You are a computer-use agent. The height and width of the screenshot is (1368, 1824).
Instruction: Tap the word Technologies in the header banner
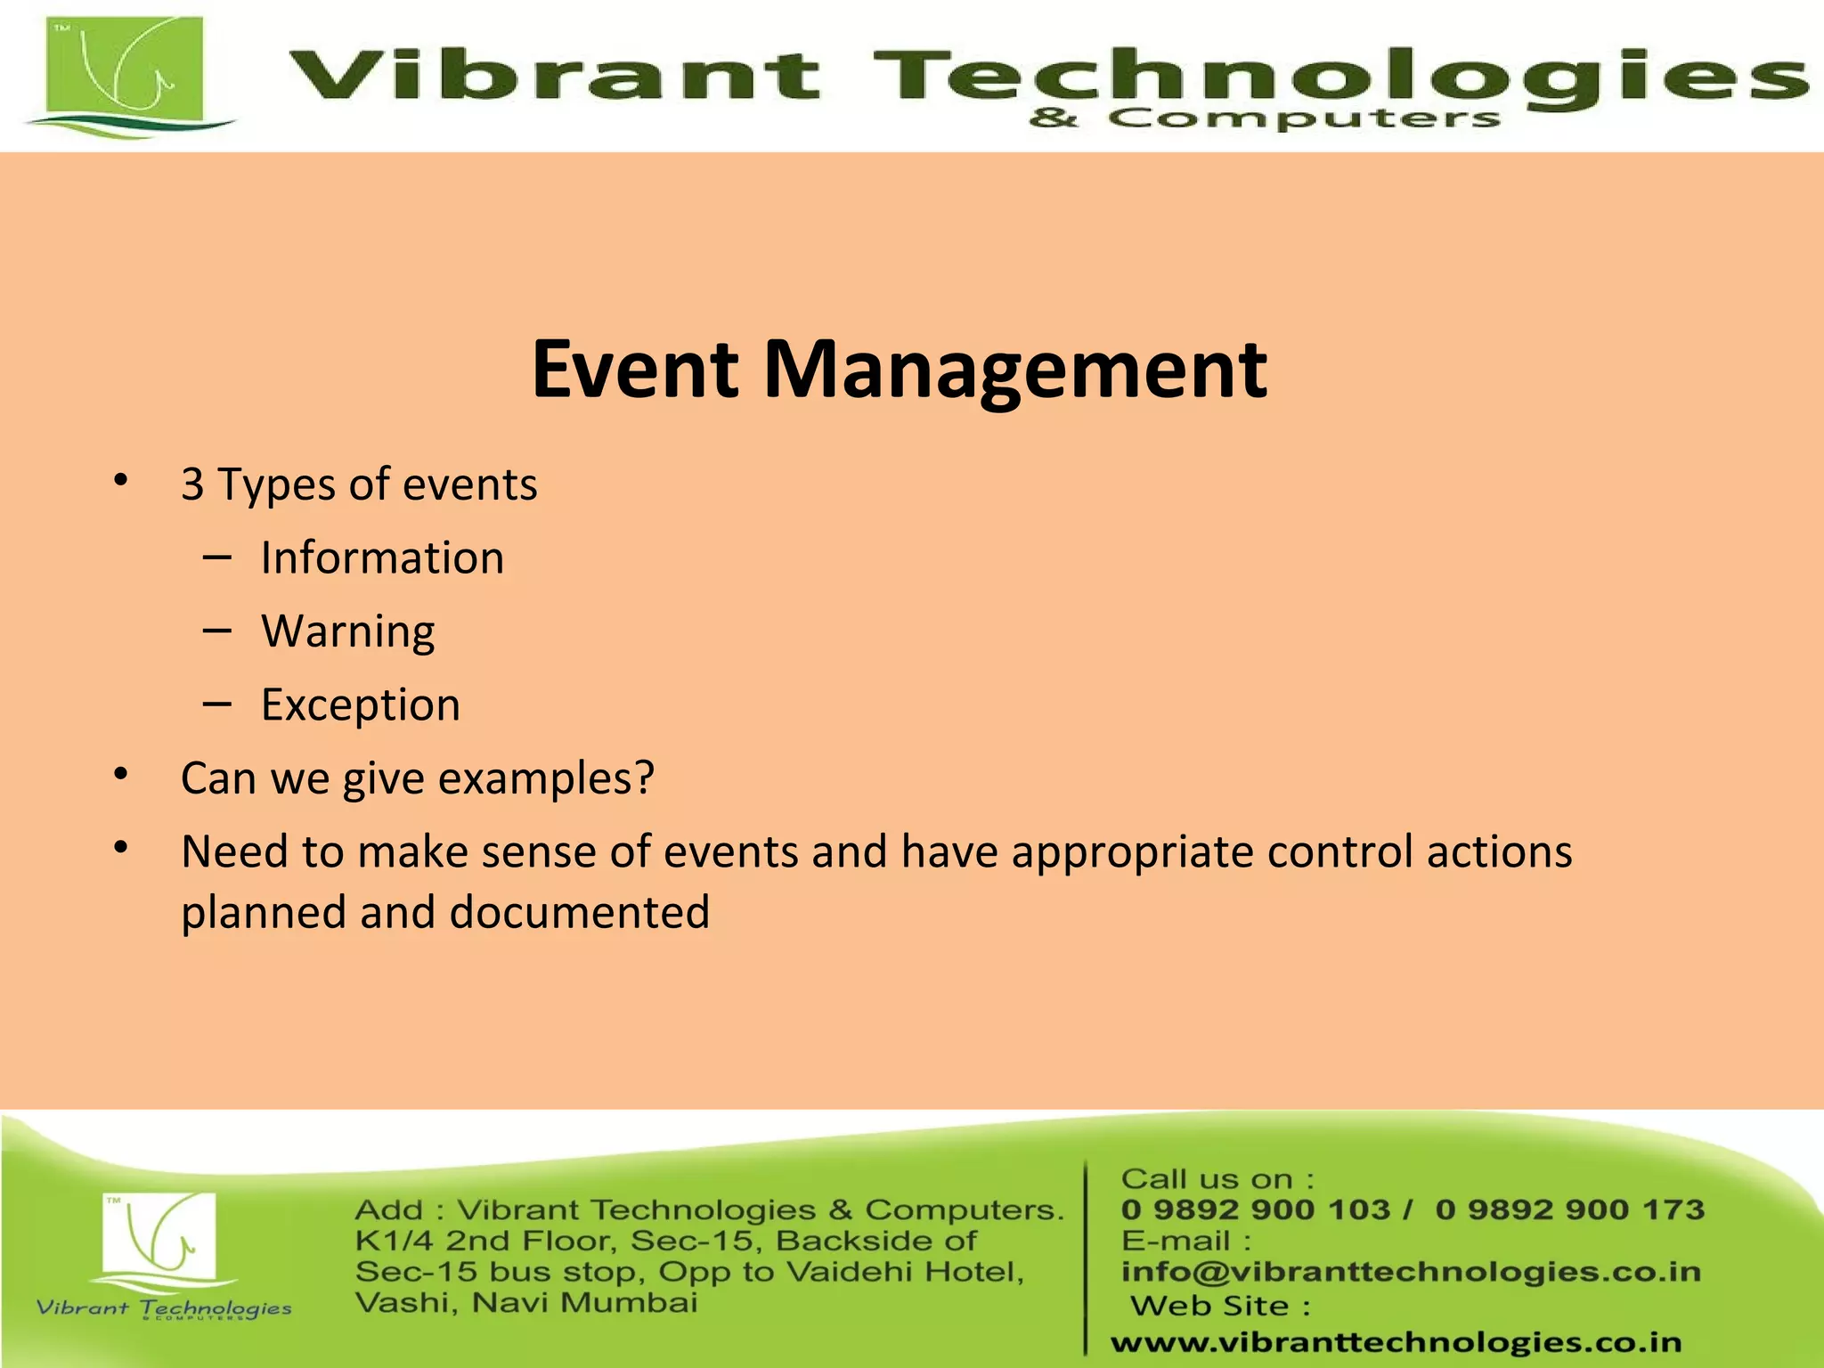(1336, 78)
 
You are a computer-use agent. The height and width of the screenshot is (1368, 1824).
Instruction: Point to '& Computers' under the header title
(1265, 118)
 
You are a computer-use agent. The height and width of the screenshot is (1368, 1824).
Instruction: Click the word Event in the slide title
(635, 369)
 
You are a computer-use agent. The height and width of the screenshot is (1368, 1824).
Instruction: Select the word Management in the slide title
(1015, 370)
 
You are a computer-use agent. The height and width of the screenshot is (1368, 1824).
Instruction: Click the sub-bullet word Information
(382, 558)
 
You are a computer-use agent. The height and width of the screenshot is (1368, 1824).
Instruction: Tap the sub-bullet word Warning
(348, 632)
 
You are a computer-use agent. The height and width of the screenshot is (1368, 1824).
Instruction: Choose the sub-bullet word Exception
(361, 705)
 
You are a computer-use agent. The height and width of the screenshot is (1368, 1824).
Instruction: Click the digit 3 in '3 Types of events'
(192, 485)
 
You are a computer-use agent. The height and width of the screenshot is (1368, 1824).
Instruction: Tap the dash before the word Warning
(216, 631)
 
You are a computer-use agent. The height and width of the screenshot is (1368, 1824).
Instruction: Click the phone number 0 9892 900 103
(1255, 1209)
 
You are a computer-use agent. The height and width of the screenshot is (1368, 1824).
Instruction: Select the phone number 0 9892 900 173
(1569, 1209)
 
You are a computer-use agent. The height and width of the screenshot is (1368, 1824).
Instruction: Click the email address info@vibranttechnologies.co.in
(1411, 1272)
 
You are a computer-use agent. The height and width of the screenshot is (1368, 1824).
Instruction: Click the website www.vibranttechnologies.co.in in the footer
(1396, 1342)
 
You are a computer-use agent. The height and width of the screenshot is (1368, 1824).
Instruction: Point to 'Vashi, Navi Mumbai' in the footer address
(526, 1303)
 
